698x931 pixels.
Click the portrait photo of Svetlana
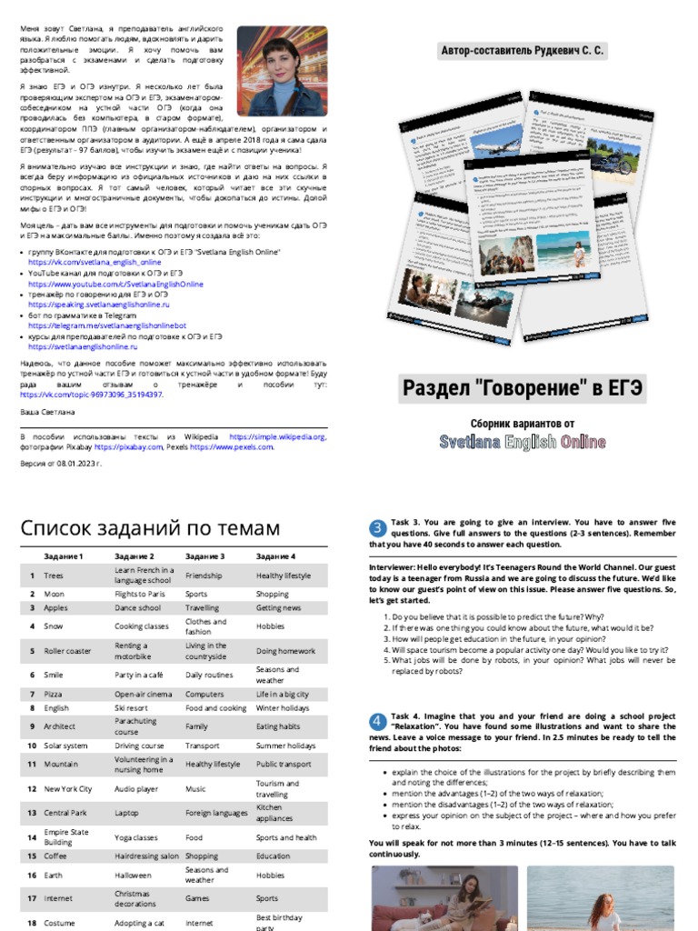click(282, 70)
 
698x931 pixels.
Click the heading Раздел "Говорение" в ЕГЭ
click(523, 389)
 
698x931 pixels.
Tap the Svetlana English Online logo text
click(523, 442)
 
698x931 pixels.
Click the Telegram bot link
click(106, 325)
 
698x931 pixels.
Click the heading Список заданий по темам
click(150, 529)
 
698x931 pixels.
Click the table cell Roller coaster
click(68, 651)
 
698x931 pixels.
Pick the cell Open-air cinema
click(143, 694)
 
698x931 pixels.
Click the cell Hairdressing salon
click(146, 856)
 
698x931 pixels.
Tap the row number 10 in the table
click(32, 746)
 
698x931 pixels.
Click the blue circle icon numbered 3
click(378, 528)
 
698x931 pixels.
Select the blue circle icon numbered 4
click(378, 722)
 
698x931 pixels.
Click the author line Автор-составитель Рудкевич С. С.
click(523, 51)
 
